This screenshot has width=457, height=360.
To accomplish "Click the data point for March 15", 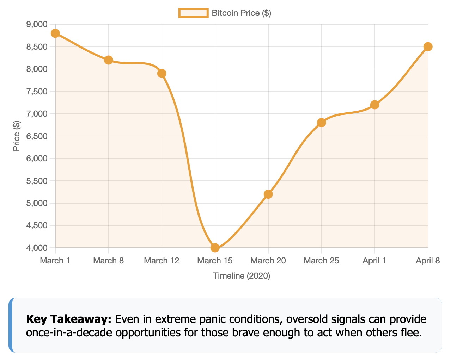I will pos(215,248).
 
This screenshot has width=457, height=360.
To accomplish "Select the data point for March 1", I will pos(55,33).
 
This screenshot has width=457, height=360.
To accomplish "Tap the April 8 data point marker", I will pos(428,46).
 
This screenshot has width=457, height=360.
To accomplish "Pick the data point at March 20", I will pos(268,194).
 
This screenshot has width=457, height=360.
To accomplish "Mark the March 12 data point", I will pos(162,73).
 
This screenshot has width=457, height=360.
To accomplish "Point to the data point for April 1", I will pos(374,105).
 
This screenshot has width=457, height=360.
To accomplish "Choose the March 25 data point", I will pos(321,123).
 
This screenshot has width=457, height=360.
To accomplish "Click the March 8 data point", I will pos(109,60).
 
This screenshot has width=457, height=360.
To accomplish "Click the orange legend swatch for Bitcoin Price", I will pos(193,13).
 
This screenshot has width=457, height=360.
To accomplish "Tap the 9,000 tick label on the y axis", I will pos(37,24).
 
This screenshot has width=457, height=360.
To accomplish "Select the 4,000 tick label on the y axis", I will pos(37,248).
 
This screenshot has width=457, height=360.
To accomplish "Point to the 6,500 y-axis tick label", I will pos(37,136).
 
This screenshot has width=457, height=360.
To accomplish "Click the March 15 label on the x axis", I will pos(215,261).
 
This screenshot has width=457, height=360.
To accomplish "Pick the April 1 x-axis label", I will pos(374,261).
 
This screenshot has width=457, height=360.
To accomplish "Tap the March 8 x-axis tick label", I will pos(108,261).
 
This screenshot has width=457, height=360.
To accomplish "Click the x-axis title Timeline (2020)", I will pos(242,276).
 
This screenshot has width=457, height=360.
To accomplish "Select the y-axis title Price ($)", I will pos(16,136).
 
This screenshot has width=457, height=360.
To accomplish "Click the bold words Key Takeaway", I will pos(69,319).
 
